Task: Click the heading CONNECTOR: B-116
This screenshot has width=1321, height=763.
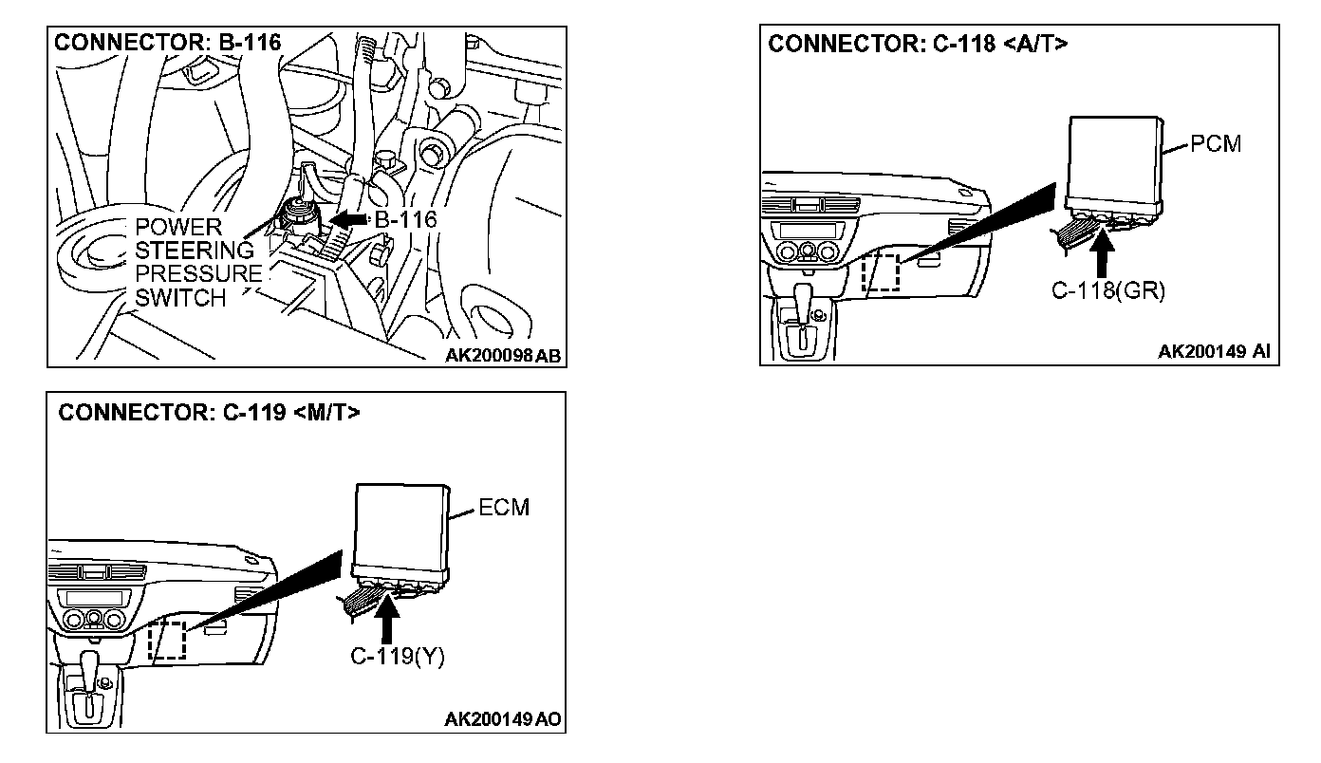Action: (x=168, y=43)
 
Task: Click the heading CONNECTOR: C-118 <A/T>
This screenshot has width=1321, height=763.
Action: (x=918, y=45)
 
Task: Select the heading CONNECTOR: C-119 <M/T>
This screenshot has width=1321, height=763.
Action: (x=210, y=413)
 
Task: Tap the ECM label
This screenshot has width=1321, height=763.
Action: (x=504, y=508)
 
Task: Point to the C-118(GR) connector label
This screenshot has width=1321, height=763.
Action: (x=1107, y=290)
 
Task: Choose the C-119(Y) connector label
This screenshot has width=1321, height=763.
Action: (x=392, y=655)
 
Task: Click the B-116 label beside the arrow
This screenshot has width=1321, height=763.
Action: (x=405, y=220)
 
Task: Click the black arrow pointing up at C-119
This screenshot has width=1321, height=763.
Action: (x=386, y=616)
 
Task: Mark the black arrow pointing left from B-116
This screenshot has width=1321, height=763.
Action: (x=350, y=220)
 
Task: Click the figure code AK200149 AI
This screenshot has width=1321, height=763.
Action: (x=1214, y=352)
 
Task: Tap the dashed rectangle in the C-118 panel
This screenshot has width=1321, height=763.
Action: (x=880, y=272)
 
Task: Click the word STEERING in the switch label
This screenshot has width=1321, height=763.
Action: (x=195, y=251)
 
